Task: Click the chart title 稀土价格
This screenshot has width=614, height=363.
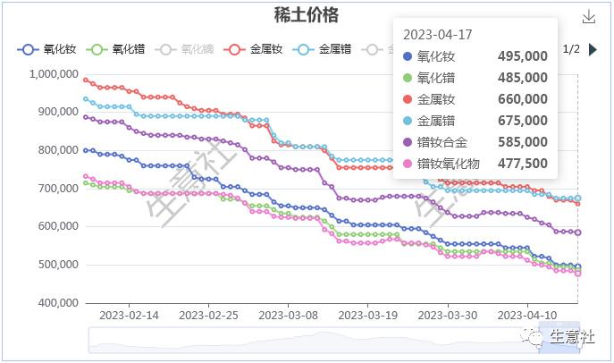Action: tap(307, 15)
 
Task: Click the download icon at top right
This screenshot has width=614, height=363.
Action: tap(588, 17)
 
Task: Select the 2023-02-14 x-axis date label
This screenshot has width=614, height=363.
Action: tap(129, 316)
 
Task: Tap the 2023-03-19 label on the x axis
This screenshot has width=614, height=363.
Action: tap(367, 316)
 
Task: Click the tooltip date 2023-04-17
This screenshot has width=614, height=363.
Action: tap(438, 35)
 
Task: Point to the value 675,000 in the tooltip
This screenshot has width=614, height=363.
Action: tap(522, 121)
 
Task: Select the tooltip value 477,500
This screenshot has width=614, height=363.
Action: tap(522, 164)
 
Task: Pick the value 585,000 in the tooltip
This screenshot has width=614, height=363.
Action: tap(522, 142)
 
